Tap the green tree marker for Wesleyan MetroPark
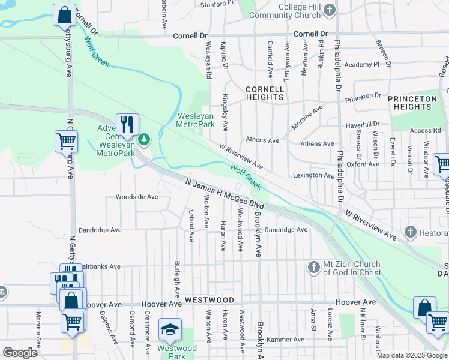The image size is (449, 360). click(144, 140)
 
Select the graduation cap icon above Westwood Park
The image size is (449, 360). click(170, 329)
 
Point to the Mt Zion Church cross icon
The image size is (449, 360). click(313, 267)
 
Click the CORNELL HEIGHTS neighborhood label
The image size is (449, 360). click(264, 93)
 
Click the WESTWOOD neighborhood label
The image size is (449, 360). click(209, 299)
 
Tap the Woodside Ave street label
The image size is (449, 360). click(137, 196)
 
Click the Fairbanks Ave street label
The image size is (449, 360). click(100, 266)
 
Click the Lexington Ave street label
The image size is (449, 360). click(313, 176)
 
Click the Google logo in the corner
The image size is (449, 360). click(19, 353)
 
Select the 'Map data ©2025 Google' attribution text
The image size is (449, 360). click(412, 355)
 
